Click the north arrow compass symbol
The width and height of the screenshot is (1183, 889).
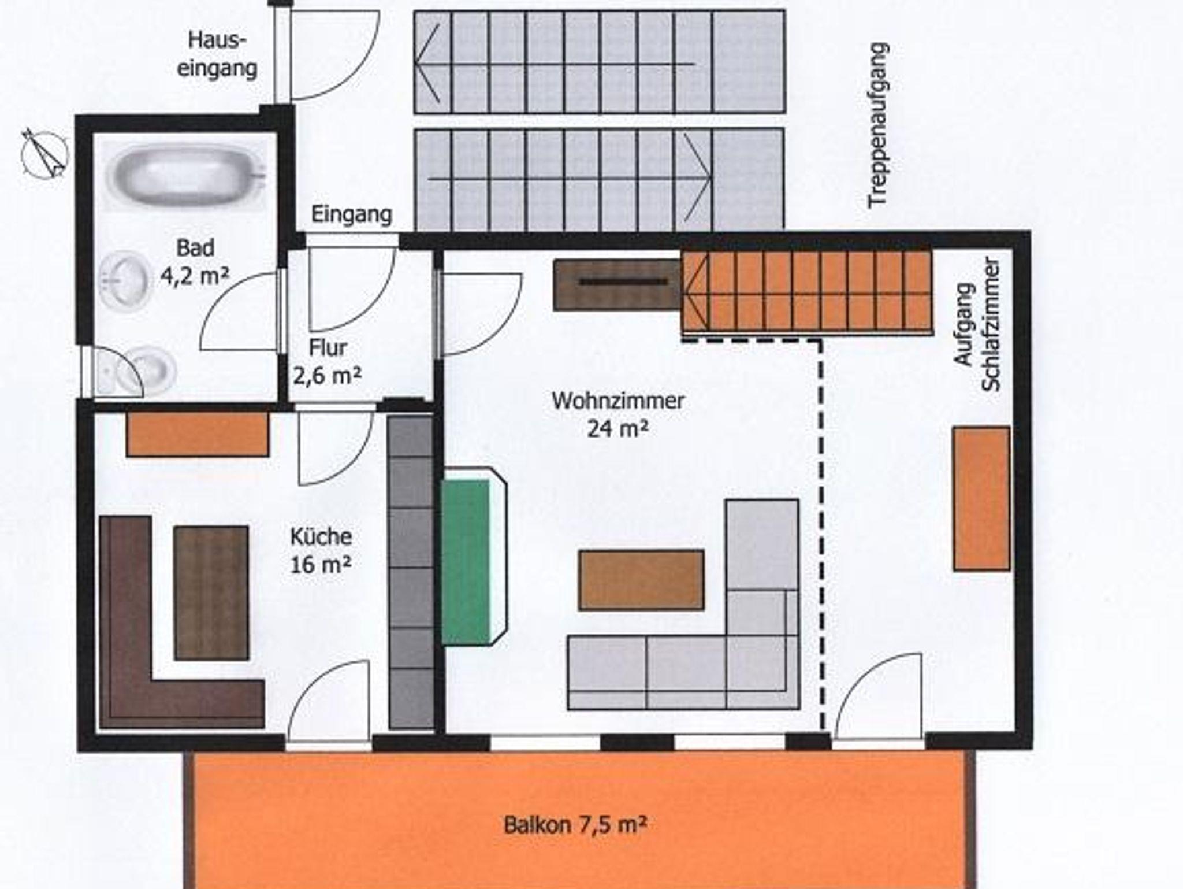(44, 154)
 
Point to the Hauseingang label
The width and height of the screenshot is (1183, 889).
(217, 54)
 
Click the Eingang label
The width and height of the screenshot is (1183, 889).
(351, 214)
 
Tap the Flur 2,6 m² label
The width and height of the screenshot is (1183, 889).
(328, 362)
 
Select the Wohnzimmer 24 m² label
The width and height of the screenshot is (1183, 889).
(618, 414)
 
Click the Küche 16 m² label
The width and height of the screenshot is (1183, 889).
(321, 550)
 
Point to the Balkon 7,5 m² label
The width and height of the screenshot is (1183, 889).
(574, 824)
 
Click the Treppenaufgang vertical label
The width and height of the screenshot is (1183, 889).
(878, 125)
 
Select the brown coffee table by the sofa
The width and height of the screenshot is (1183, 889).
(641, 580)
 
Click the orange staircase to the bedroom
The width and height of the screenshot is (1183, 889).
(807, 292)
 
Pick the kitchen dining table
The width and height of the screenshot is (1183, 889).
(211, 592)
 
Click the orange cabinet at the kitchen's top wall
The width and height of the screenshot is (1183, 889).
(198, 434)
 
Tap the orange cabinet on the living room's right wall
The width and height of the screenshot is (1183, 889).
(981, 498)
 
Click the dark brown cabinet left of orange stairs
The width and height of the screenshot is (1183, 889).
(617, 284)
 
